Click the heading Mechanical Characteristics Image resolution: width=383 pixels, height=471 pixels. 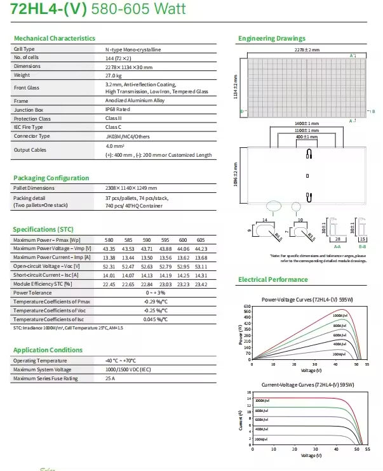(54, 39)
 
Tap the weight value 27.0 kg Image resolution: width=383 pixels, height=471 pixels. (114, 75)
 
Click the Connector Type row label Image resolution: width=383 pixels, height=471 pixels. (32, 136)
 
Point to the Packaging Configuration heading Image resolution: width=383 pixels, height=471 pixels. (51, 178)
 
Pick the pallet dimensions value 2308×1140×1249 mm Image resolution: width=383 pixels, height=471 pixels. (131, 189)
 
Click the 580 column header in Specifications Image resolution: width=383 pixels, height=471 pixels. (109, 240)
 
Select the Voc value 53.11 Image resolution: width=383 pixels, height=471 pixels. (201, 267)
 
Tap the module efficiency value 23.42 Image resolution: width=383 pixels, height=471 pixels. (201, 284)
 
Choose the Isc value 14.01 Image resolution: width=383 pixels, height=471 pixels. (109, 275)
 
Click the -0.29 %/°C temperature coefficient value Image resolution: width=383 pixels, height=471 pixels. (154, 302)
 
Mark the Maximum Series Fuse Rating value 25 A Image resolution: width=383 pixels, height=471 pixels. (110, 379)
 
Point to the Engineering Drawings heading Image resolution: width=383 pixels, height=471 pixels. (271, 39)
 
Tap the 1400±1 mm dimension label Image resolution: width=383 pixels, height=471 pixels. (307, 123)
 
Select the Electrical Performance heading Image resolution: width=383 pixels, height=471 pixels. (272, 280)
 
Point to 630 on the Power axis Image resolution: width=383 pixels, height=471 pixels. (247, 307)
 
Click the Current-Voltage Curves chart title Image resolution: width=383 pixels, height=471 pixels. (307, 385)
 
